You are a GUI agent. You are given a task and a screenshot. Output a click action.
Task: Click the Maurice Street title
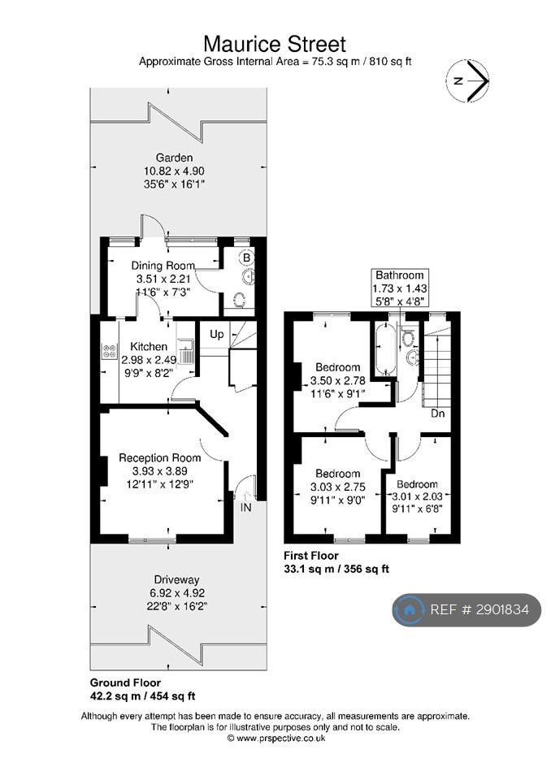tap(275, 44)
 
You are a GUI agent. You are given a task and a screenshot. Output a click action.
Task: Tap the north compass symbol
tap(468, 81)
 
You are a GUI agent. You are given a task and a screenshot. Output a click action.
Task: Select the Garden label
tap(174, 158)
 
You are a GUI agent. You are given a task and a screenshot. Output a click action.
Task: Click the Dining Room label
tap(163, 265)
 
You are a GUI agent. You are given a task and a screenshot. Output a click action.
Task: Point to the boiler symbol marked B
tap(246, 258)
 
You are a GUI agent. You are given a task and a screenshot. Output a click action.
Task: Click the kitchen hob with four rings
tap(109, 351)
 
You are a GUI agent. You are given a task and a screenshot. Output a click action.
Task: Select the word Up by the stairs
tap(216, 334)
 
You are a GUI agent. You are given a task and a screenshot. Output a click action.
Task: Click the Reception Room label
tap(160, 457)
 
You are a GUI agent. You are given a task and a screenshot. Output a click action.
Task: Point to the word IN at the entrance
tap(246, 507)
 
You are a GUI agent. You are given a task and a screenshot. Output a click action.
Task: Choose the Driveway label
tap(176, 579)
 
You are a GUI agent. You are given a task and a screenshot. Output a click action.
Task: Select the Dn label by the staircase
tap(438, 414)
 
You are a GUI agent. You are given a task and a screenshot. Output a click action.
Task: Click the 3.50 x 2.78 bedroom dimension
tap(338, 380)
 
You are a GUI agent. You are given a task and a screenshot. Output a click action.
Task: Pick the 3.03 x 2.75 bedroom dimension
tap(338, 487)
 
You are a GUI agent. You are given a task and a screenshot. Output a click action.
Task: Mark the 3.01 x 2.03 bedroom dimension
tap(418, 496)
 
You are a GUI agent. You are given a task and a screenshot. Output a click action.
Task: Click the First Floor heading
tap(311, 556)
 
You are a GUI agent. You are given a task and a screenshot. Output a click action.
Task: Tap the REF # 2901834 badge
tap(466, 609)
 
